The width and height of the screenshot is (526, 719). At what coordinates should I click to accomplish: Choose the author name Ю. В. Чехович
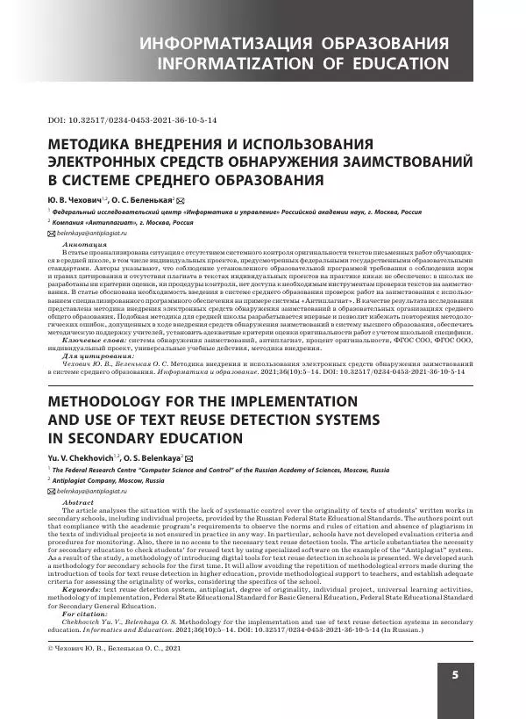pyautogui.click(x=75, y=201)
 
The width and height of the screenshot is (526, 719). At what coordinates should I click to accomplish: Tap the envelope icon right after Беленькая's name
pyautogui.click(x=181, y=201)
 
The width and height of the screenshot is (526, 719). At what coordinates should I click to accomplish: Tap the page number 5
pyautogui.click(x=456, y=674)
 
